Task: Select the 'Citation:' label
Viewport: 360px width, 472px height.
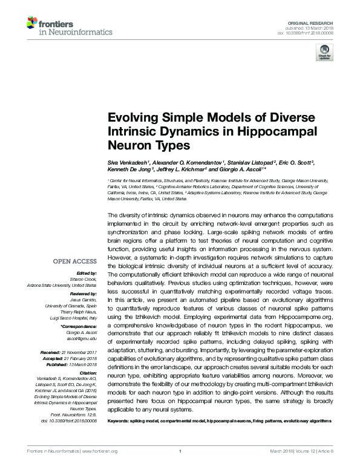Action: point(88,373)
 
